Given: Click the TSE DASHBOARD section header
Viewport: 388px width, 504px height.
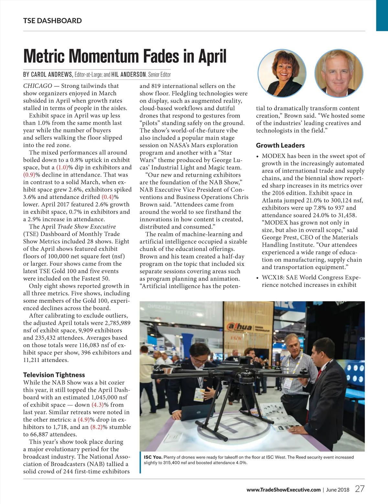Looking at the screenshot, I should [x=52, y=21].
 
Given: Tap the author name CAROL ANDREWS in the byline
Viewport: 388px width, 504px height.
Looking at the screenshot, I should [x=48, y=74].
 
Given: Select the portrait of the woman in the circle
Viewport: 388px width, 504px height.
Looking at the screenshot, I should [x=282, y=73].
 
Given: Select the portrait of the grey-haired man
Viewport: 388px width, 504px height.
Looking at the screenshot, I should [x=339, y=73].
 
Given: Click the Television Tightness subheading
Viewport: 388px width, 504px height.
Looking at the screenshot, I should [x=54, y=375].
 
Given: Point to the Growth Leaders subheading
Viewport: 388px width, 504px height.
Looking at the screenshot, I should [x=280, y=145].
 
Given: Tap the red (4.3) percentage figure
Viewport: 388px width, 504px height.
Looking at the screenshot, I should [x=98, y=405].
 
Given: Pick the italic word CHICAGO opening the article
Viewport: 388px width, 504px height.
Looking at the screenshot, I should [x=38, y=86].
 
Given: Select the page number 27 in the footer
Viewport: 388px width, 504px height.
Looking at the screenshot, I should [x=360, y=489].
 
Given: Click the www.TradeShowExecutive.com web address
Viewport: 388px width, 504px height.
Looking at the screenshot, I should [x=283, y=489].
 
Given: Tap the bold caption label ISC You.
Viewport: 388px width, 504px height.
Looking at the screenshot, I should [x=153, y=457].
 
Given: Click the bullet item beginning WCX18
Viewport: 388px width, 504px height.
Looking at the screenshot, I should [x=310, y=281].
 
